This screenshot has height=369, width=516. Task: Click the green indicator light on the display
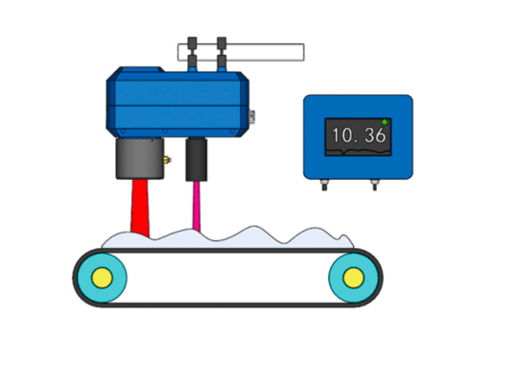click(385, 122)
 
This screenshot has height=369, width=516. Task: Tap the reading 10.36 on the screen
click(359, 135)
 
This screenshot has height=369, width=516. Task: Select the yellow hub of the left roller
click(102, 278)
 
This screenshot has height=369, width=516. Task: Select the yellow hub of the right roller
click(354, 278)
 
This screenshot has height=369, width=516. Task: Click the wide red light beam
click(140, 208)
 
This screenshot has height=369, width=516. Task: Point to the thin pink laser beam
click(197, 206)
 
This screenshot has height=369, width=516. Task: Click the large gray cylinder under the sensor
click(140, 159)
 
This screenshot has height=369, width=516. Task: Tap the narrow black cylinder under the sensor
click(197, 160)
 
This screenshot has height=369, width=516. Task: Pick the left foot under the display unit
click(324, 184)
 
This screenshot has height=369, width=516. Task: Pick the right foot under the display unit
click(374, 184)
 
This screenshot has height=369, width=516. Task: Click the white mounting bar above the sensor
click(241, 52)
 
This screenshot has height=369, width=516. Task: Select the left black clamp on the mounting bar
click(192, 53)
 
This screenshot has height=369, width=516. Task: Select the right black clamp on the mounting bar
click(222, 53)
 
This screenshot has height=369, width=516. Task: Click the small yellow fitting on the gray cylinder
click(167, 160)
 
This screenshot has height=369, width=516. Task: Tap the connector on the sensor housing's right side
click(252, 116)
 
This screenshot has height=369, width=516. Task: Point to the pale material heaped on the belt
click(227, 239)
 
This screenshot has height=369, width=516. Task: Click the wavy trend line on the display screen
click(358, 151)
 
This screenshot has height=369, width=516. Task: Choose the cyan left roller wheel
click(102, 278)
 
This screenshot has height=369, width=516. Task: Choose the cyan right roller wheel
click(354, 278)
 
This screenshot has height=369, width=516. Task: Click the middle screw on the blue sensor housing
click(165, 132)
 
